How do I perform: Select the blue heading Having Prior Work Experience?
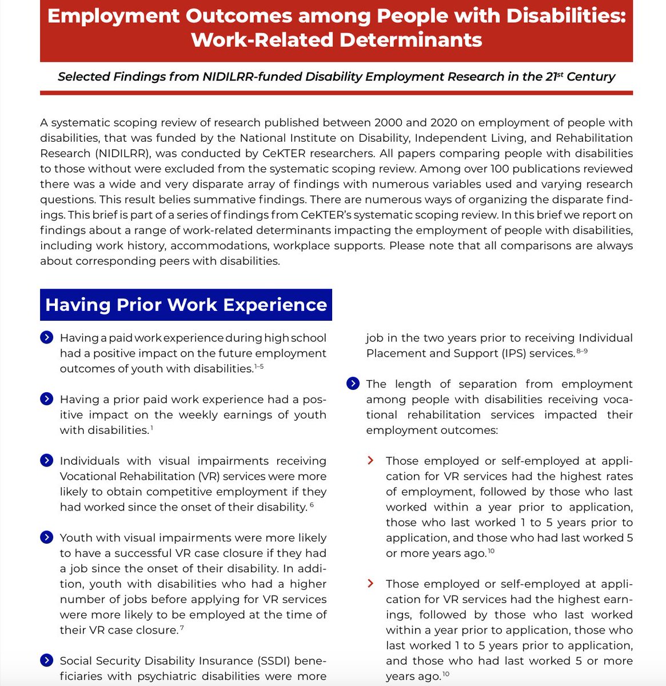coord(186,305)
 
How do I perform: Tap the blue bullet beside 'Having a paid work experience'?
coord(47,338)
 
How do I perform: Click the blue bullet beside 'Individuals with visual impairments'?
coord(47,461)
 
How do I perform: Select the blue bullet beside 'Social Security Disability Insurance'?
coord(47,661)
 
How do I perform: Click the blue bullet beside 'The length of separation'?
coord(353,384)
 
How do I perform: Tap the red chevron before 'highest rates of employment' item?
coord(371,461)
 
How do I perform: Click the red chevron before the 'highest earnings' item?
coord(371,584)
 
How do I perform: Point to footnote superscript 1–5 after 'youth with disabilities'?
coord(259,366)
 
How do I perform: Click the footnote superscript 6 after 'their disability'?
coord(312,505)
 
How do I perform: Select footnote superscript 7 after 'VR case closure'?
coord(181,628)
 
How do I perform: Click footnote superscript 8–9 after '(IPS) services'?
coord(582,351)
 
